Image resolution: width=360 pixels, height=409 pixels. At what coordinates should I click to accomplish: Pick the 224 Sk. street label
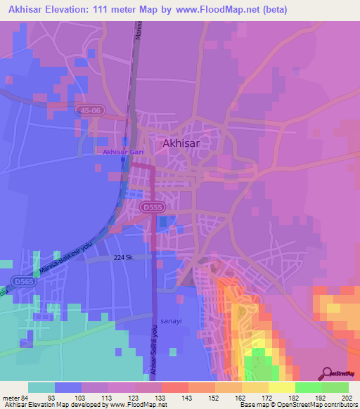[123, 258]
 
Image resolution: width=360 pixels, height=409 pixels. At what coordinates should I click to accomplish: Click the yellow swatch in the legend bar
[281, 387]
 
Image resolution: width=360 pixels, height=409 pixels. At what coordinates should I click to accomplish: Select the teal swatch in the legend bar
[41, 387]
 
